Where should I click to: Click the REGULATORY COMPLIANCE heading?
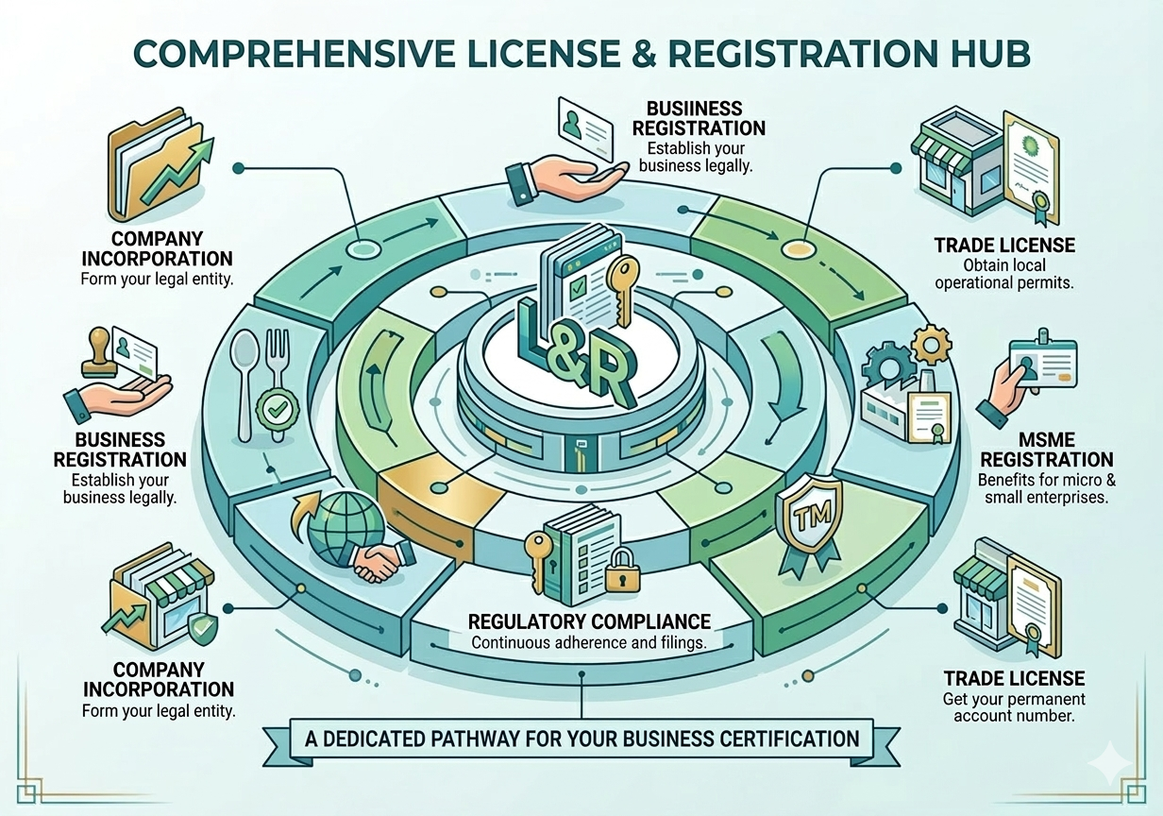tap(589, 621)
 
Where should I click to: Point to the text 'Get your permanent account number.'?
tap(1014, 708)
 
